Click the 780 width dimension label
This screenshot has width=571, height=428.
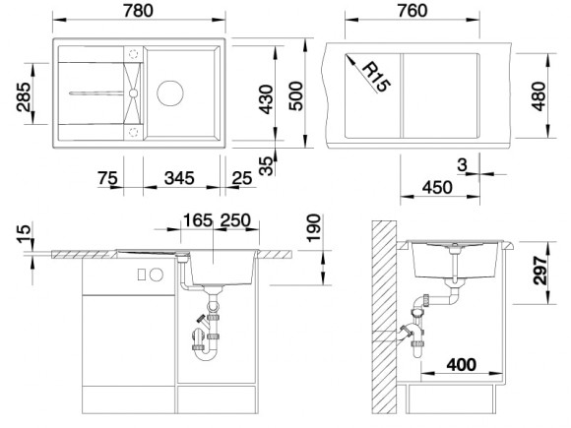point(138,10)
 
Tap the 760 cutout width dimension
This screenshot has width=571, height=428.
point(412,10)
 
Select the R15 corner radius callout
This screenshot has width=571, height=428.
point(377,78)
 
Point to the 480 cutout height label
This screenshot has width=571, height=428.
point(539,96)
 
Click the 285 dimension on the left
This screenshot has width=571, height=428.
point(24,96)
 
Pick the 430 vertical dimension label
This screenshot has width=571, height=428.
point(266,99)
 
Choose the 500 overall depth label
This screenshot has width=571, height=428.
point(295,95)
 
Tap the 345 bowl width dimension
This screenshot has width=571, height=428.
point(179,178)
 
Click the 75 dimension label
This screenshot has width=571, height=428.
point(107,178)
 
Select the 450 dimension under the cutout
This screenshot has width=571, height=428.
point(437,187)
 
